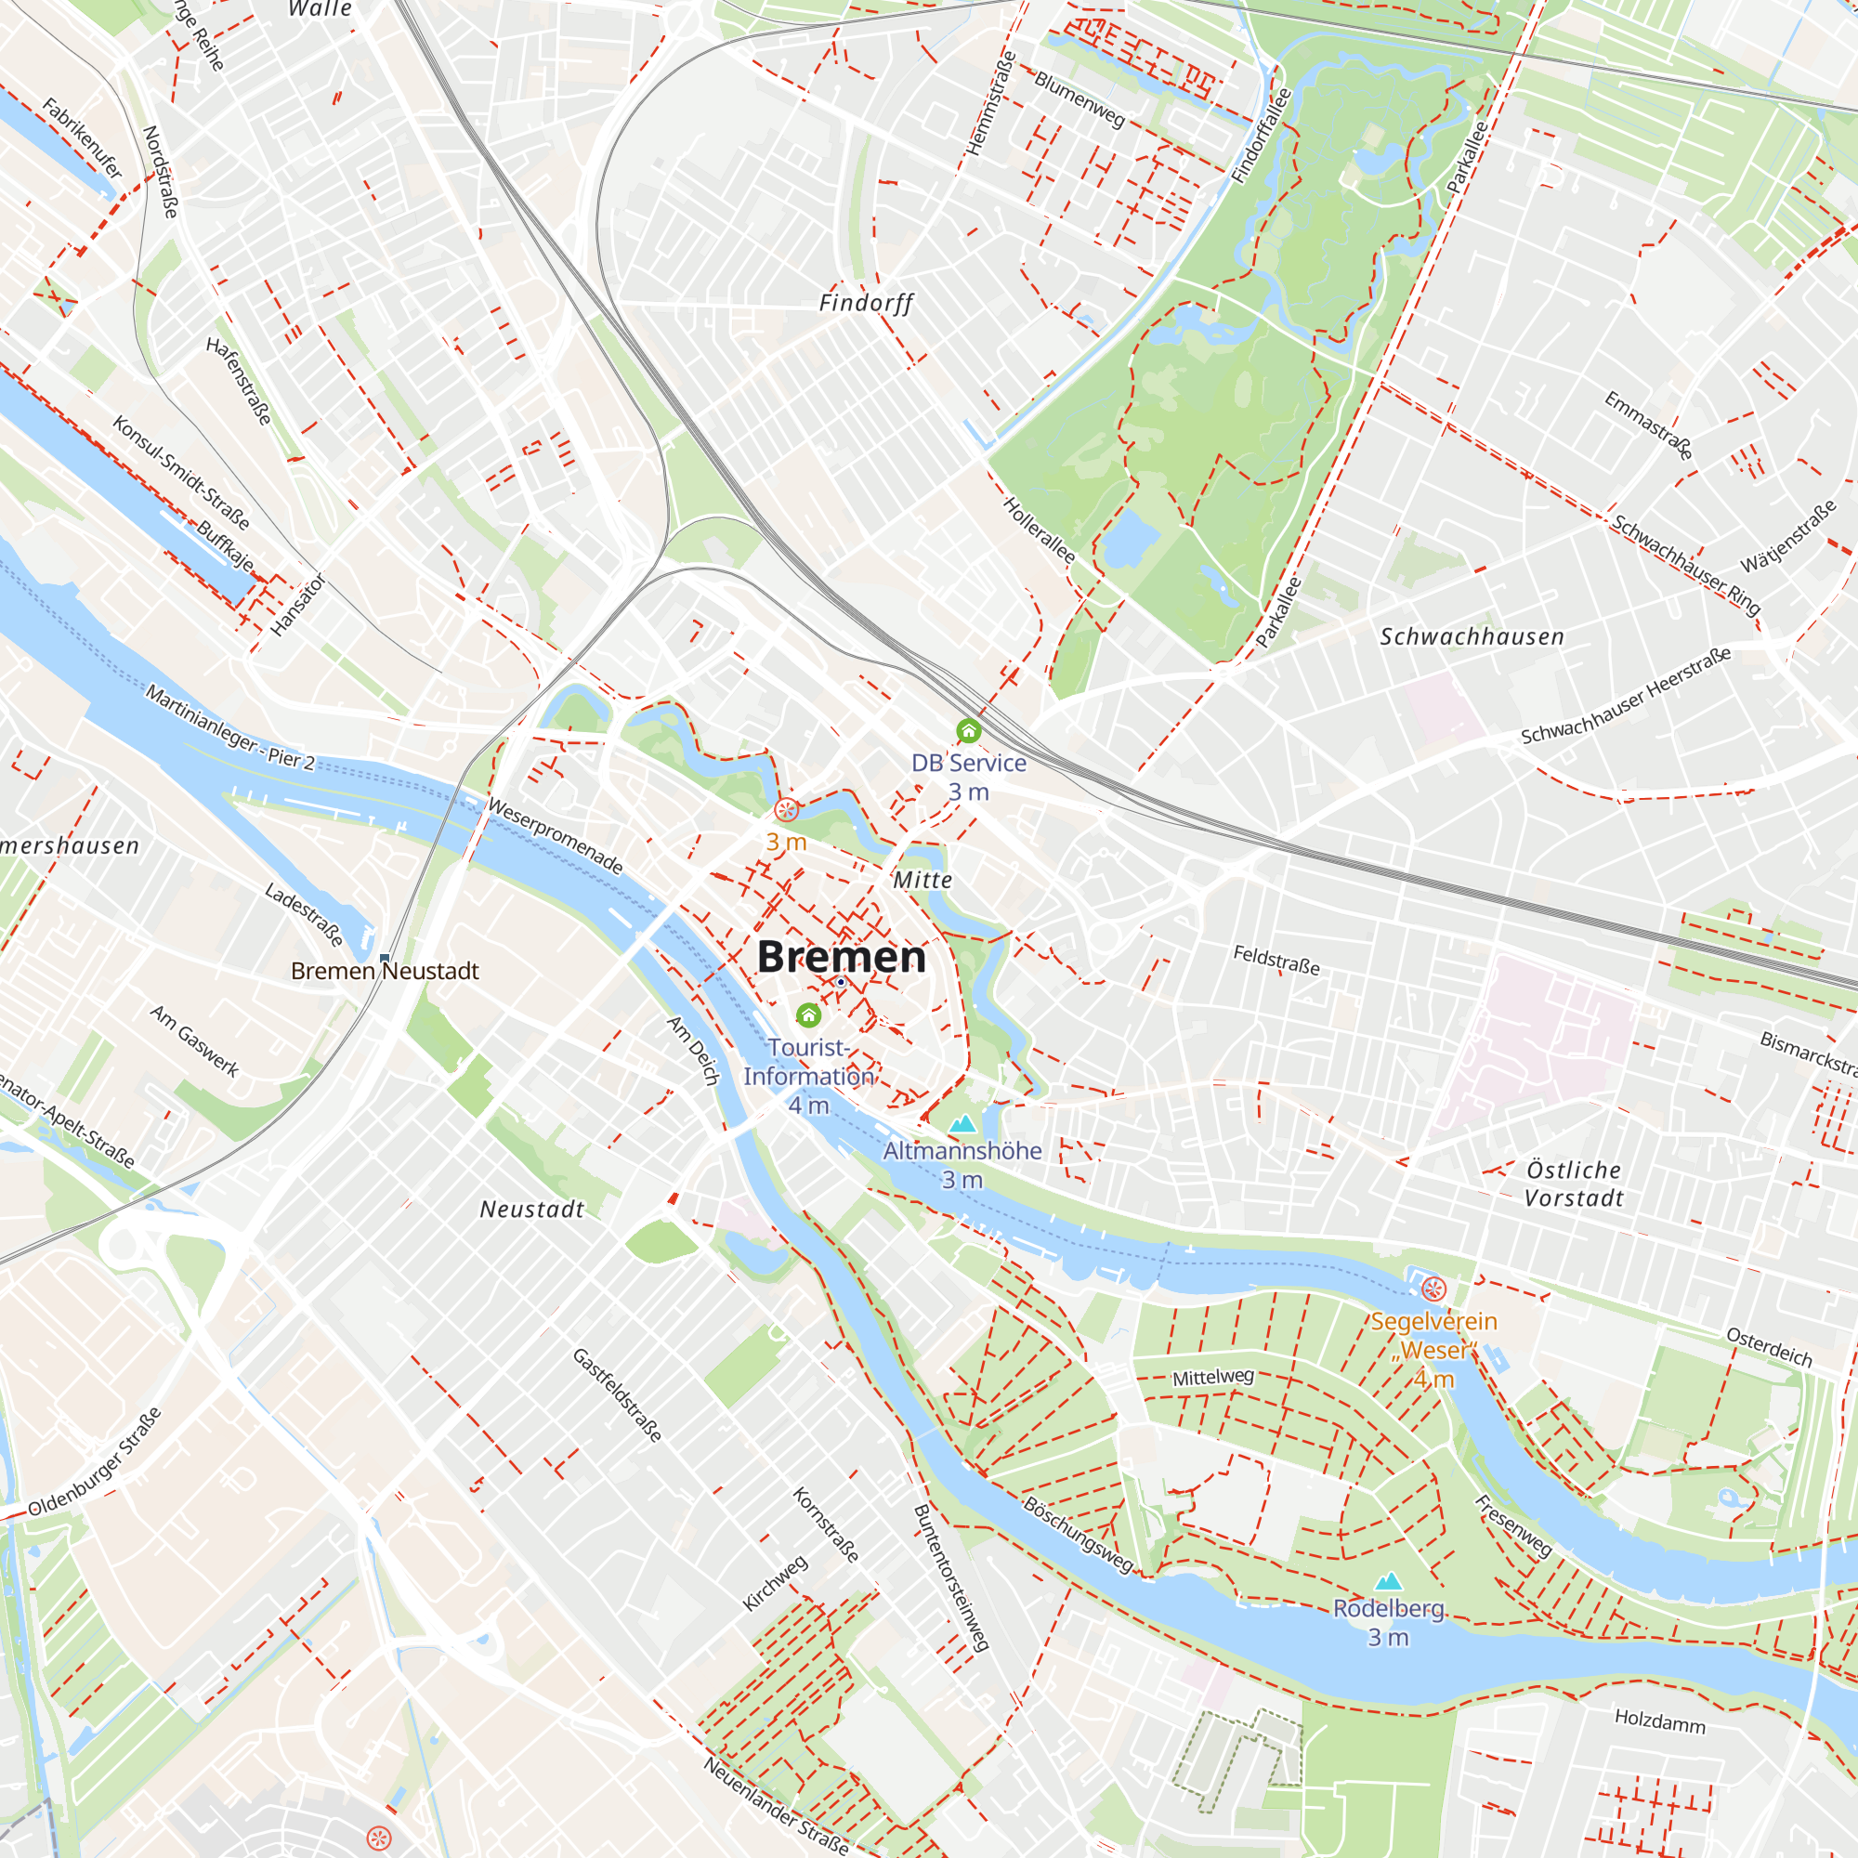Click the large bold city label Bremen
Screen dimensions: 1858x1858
tap(841, 956)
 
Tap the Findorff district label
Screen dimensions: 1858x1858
tap(866, 303)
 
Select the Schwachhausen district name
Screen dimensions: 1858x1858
tap(1472, 636)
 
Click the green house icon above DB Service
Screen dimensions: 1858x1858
tap(968, 732)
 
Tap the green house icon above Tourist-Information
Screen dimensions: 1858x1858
tap(809, 1014)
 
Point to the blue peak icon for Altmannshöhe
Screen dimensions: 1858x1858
tap(962, 1123)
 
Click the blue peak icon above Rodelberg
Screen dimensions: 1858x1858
tap(1388, 1581)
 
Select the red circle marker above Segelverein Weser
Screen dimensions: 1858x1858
tap(1433, 1289)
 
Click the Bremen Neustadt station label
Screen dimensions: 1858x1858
tap(385, 972)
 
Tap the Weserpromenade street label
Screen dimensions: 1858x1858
tap(555, 836)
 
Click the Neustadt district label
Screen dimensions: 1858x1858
tap(531, 1209)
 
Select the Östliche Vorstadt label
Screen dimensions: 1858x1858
tap(1574, 1184)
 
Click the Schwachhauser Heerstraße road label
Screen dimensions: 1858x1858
tap(1625, 695)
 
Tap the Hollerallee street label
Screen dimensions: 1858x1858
tap(1039, 530)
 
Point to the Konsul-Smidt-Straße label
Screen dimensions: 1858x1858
tap(181, 472)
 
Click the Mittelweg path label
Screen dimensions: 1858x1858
tap(1212, 1377)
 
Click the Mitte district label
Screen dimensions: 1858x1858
tap(922, 879)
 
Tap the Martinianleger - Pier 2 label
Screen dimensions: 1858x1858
tap(229, 727)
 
